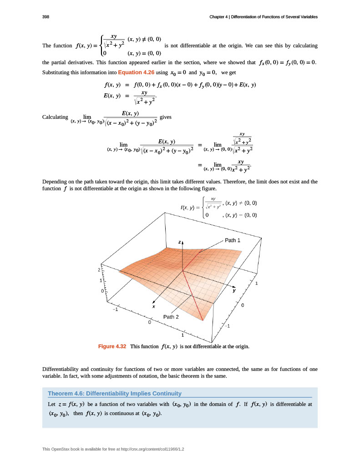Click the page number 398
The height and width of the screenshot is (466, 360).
46,17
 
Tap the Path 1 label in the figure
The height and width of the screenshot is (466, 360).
233,240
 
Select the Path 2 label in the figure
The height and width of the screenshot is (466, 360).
171,317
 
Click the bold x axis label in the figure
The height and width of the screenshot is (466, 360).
154,306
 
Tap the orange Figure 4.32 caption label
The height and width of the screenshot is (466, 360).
112,346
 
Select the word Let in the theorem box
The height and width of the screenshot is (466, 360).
51,404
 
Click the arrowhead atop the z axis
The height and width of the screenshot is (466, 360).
183,243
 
